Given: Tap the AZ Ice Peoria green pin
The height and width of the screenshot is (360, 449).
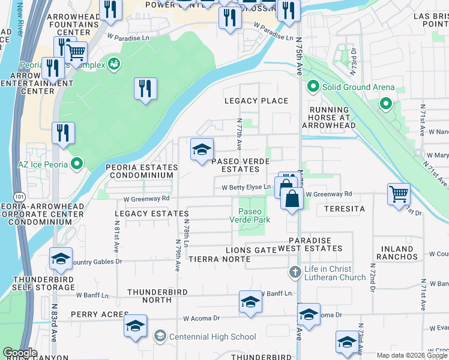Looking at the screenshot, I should (x=77, y=164).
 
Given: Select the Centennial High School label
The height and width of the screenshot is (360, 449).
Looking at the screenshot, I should (x=212, y=337).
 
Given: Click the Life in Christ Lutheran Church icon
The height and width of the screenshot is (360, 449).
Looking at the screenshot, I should (x=295, y=272).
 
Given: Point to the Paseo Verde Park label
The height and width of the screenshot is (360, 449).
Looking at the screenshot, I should (x=250, y=215).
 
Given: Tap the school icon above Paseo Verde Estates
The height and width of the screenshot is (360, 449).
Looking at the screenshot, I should (x=202, y=150).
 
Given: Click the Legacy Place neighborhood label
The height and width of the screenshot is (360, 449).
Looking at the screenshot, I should (x=256, y=101).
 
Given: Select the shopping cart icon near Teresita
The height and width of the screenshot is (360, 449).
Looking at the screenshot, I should (x=399, y=194).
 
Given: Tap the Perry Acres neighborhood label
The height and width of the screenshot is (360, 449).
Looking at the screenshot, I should (x=100, y=314).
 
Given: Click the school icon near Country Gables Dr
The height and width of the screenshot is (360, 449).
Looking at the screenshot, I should (x=61, y=259).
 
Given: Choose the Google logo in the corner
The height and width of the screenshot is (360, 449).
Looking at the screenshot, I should (x=20, y=353).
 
